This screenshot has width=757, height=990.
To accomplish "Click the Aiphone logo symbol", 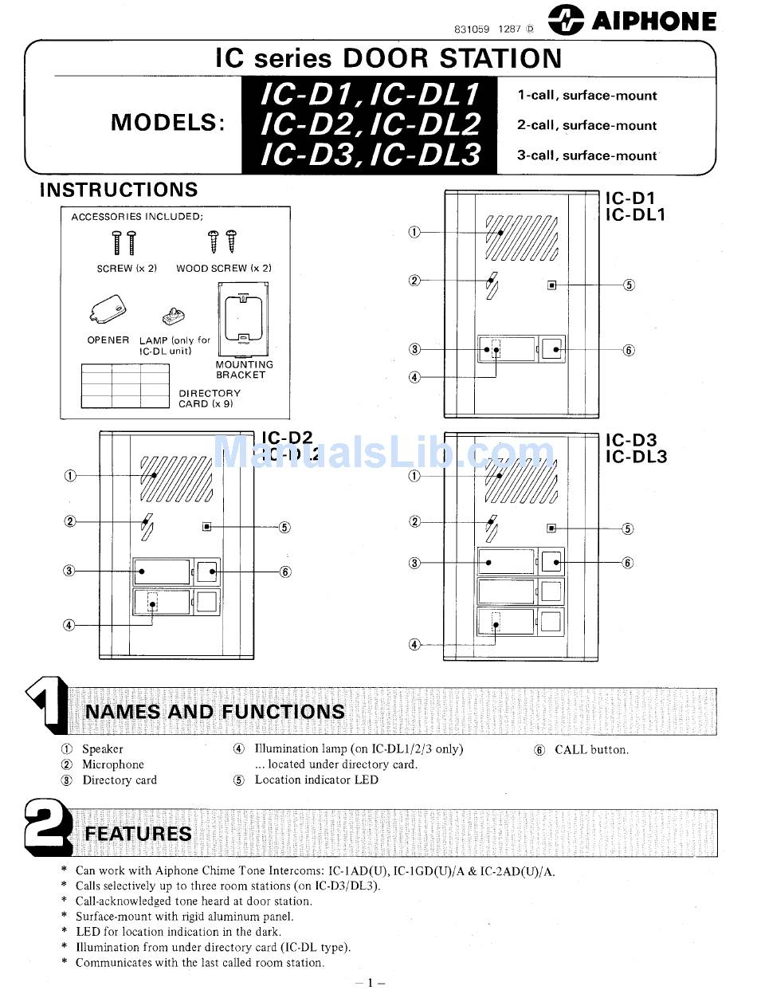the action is (x=566, y=21).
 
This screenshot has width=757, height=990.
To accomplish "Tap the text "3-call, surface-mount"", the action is (x=586, y=155).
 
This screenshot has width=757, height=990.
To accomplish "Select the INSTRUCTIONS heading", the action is (x=119, y=190).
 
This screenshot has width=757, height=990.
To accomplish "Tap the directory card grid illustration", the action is (x=125, y=387).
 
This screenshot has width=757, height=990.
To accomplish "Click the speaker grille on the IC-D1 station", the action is (x=521, y=238).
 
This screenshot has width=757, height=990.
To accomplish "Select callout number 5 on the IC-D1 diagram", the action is (x=629, y=285).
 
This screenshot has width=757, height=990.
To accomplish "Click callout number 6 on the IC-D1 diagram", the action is (x=629, y=350).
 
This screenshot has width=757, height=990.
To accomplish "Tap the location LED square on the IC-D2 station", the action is (x=206, y=526).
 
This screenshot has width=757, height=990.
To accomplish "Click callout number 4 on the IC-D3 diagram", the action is (x=414, y=644).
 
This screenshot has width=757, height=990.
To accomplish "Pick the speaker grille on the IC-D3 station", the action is (x=521, y=479).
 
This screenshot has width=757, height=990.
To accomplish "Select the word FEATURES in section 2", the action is (x=138, y=834).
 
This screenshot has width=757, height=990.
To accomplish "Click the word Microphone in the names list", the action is (x=113, y=764).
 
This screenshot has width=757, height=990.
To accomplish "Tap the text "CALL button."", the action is (x=591, y=749).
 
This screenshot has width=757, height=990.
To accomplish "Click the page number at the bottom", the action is (x=370, y=982).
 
